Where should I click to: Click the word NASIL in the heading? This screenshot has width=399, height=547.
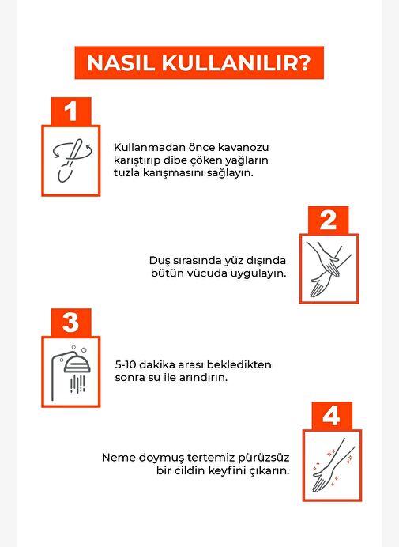121,62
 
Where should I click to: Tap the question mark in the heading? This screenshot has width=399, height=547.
304,62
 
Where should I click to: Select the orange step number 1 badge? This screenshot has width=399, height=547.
71,111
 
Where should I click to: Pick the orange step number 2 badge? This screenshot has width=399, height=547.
328,220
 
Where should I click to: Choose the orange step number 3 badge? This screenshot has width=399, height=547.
71,323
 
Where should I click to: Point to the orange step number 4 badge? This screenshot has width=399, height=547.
332,416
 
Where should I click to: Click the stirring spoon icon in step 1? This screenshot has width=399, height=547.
72,160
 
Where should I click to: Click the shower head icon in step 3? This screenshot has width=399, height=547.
71,372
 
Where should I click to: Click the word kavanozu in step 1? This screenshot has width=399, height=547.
243,147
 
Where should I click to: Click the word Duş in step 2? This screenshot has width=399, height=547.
157,261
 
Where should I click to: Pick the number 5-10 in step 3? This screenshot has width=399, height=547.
126,365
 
